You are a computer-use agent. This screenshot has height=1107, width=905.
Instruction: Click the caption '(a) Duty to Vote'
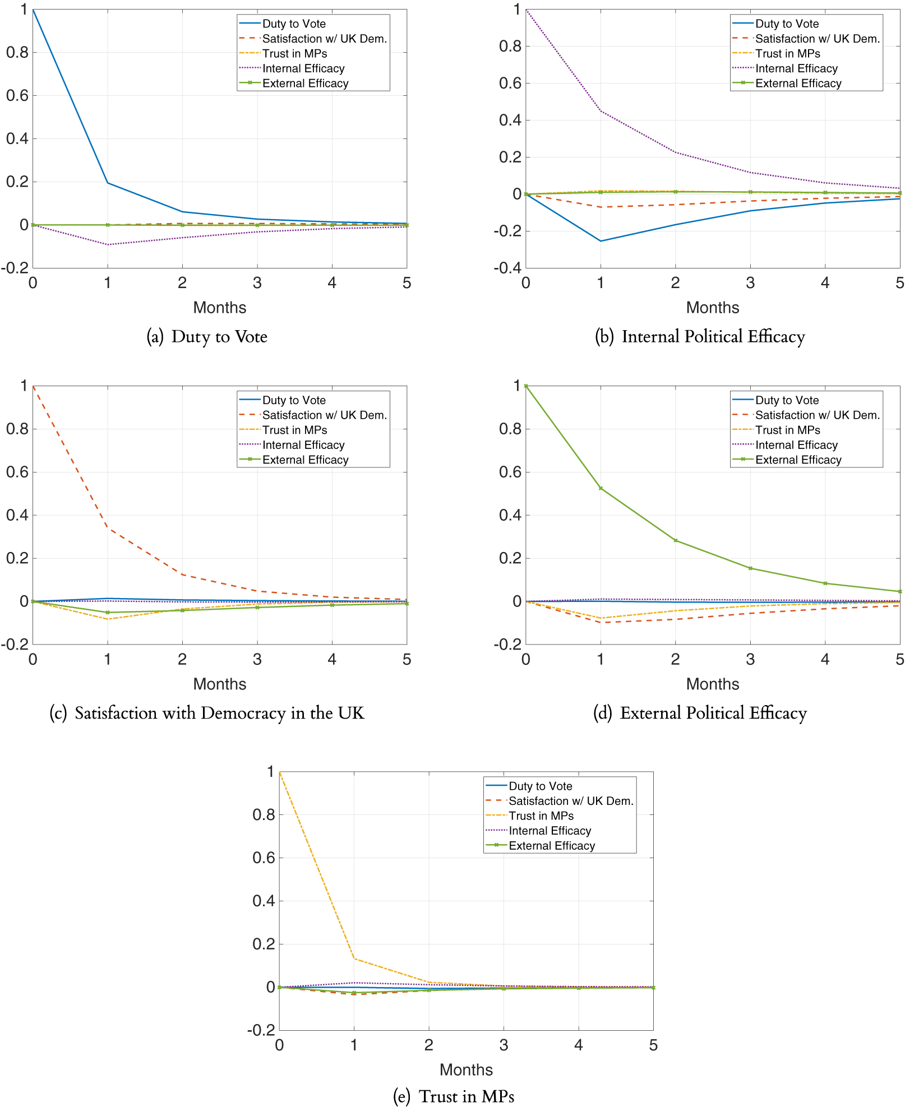(x=207, y=337)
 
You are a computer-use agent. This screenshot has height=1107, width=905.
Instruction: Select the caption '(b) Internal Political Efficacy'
(x=700, y=337)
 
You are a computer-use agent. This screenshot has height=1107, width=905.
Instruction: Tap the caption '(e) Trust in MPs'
(x=454, y=1096)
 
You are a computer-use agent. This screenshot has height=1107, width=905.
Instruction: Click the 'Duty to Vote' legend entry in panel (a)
(x=294, y=24)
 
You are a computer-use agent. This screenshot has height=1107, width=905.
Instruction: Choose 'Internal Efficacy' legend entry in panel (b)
(x=796, y=68)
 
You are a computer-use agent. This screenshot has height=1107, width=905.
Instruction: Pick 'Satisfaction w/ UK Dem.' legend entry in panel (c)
(x=324, y=415)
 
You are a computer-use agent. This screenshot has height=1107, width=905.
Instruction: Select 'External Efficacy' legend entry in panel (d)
(x=798, y=460)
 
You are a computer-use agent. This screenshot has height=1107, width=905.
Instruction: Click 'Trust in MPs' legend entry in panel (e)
(x=541, y=816)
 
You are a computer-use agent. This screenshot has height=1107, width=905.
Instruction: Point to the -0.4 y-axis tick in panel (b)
(x=507, y=268)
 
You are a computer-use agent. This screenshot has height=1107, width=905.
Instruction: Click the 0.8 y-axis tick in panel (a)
(x=17, y=53)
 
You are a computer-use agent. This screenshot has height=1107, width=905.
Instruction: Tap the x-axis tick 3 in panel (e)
(x=504, y=1045)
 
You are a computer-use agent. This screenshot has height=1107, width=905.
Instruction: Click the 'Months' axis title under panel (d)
(x=713, y=684)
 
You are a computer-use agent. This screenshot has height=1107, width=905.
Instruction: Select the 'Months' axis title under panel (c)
(x=220, y=684)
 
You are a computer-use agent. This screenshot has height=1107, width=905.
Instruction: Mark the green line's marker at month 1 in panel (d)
(x=601, y=488)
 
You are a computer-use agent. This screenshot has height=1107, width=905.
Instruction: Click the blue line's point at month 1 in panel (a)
(x=108, y=183)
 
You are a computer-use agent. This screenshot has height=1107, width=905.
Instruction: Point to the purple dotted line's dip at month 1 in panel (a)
(x=108, y=244)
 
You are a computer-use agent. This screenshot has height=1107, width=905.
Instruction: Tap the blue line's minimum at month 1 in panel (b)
(x=601, y=241)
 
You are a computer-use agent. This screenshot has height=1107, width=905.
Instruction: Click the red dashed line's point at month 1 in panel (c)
(x=108, y=528)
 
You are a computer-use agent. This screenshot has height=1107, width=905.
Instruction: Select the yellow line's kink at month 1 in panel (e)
(x=354, y=958)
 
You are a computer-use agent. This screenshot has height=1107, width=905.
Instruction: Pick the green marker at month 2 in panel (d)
(x=675, y=540)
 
